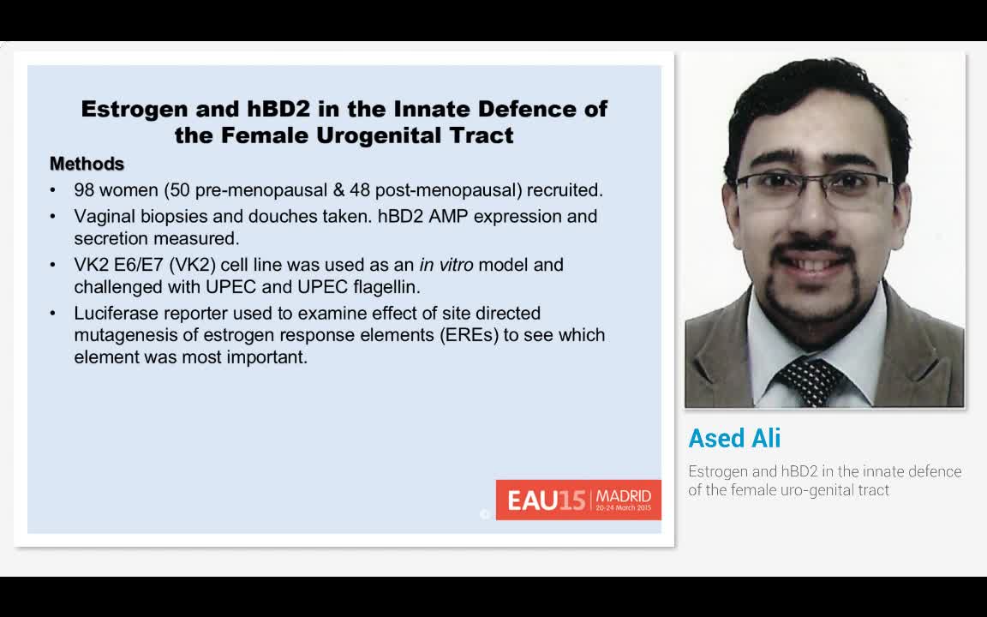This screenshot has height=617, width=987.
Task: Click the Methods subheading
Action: click(x=87, y=164)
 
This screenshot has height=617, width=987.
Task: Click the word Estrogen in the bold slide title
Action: click(x=134, y=110)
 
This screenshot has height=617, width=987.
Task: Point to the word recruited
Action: click(x=565, y=190)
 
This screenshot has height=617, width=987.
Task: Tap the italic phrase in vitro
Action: click(x=446, y=265)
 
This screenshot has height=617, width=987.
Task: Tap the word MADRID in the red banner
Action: click(x=624, y=497)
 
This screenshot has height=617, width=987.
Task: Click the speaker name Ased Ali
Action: click(x=734, y=438)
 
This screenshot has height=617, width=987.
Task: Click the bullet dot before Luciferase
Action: click(x=53, y=313)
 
